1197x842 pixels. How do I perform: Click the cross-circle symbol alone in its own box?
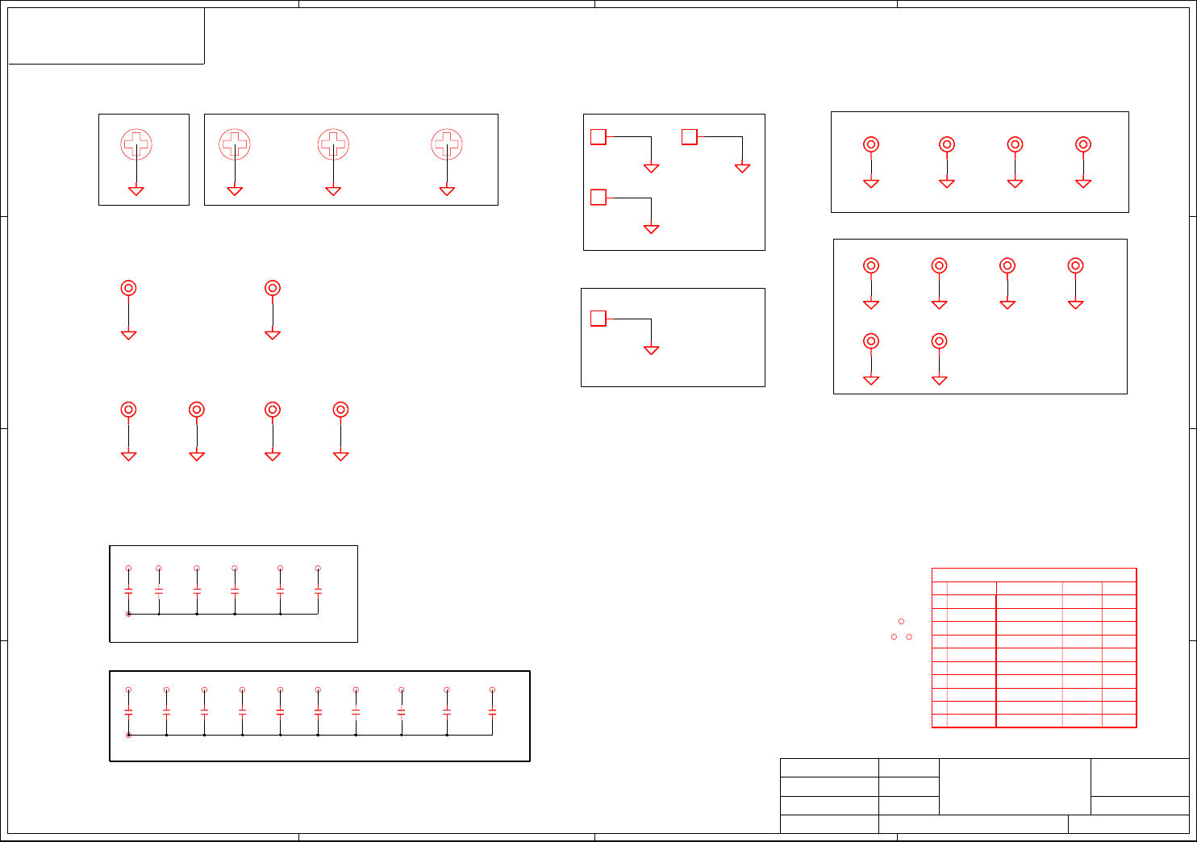[136, 144]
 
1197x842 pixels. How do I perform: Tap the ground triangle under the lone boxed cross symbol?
[136, 191]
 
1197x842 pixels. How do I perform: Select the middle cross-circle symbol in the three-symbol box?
[333, 144]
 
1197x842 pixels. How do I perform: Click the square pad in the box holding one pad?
[598, 319]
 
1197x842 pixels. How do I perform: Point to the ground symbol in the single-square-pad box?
[651, 351]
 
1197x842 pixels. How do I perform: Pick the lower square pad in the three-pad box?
[598, 198]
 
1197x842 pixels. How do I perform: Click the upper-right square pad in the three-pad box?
[689, 137]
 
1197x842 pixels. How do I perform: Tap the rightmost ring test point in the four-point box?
[1083, 144]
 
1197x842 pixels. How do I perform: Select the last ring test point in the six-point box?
[939, 341]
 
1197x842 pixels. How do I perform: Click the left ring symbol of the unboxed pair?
[128, 288]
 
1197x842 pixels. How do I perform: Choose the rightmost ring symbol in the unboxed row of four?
[340, 410]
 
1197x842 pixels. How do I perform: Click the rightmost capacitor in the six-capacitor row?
[318, 590]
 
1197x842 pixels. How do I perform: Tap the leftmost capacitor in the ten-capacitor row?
[128, 711]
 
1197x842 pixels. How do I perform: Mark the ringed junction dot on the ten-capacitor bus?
[128, 735]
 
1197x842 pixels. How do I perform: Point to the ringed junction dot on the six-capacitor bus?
[128, 614]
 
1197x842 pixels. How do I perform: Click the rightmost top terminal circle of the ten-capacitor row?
[492, 690]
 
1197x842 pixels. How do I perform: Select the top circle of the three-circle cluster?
[901, 621]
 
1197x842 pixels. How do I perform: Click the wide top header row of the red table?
[1034, 575]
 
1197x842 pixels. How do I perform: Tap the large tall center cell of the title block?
[1015, 786]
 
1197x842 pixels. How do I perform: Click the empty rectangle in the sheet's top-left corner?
[106, 35]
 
